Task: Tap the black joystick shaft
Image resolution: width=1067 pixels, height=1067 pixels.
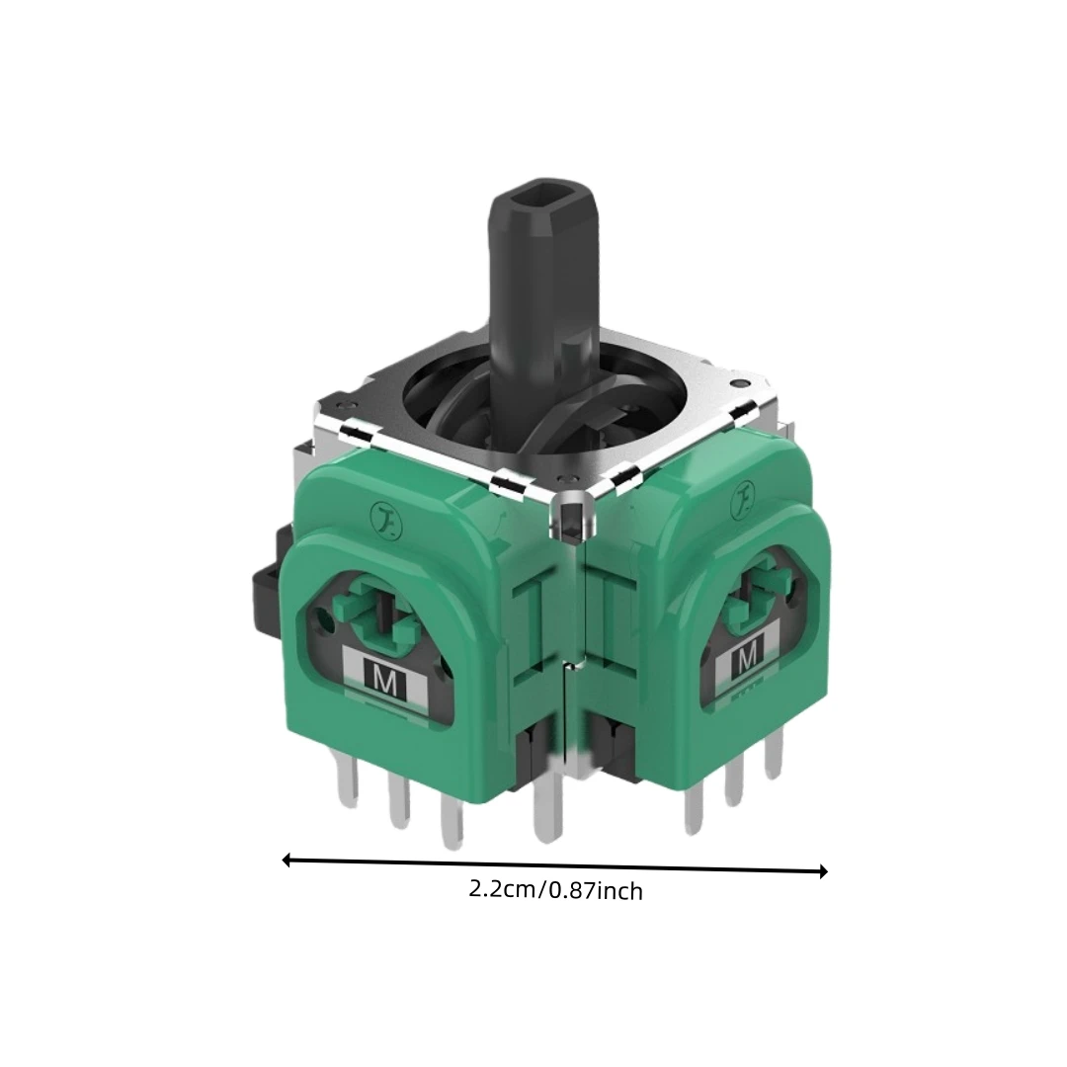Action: coord(542,306)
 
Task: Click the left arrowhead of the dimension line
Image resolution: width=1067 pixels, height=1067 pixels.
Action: coord(287,861)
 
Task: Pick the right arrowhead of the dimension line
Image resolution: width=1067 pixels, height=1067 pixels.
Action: coord(823,871)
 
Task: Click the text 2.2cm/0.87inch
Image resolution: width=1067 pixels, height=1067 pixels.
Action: coord(555,889)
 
